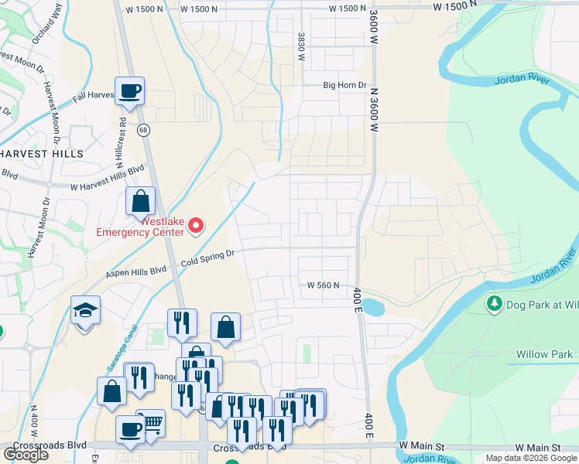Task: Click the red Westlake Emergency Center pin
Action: click(196, 225)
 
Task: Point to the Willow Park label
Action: click(544, 356)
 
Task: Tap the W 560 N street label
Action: click(323, 285)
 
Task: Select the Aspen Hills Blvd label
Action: click(136, 271)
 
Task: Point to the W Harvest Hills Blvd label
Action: click(108, 177)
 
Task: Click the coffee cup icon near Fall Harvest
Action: click(129, 90)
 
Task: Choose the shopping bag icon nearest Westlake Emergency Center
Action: click(141, 202)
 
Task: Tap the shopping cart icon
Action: click(151, 423)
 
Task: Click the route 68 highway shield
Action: click(144, 130)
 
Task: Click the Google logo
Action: click(26, 455)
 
